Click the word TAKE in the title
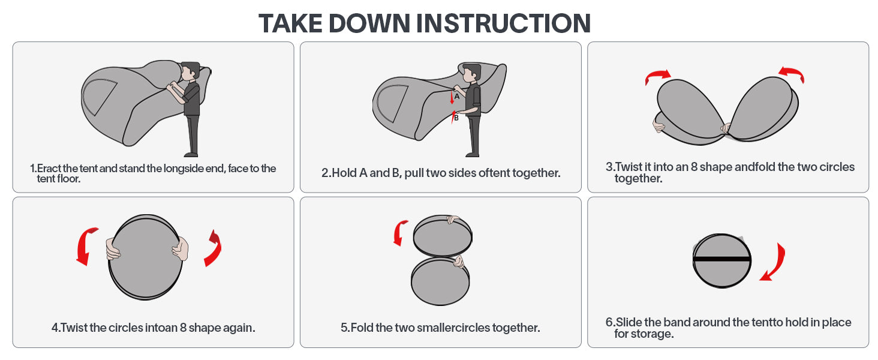point(290,23)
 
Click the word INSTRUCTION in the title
point(503,23)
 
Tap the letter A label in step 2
point(457,97)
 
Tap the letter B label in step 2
point(456,118)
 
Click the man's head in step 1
point(191,72)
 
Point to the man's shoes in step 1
point(191,155)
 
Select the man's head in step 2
point(471,73)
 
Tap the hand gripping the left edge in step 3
point(659,125)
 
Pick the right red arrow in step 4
point(214,248)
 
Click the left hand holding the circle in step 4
point(112,250)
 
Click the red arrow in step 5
point(400,233)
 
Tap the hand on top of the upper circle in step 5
point(453,219)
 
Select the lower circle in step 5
point(440,281)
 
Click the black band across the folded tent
point(721,259)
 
